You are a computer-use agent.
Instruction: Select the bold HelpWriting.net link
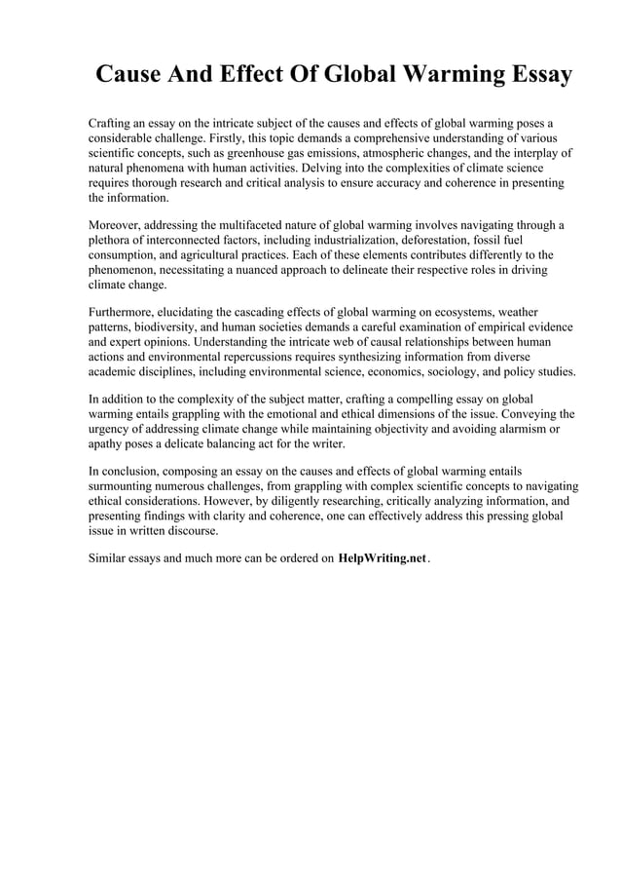point(383,560)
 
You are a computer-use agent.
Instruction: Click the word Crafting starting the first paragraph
point(113,124)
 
